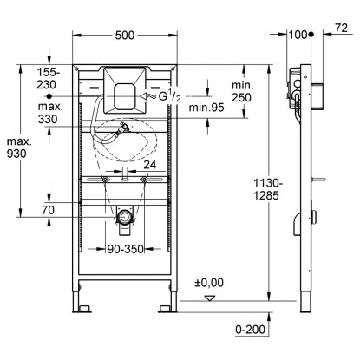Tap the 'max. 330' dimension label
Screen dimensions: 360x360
[49, 112]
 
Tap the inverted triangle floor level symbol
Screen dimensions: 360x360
[208, 297]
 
